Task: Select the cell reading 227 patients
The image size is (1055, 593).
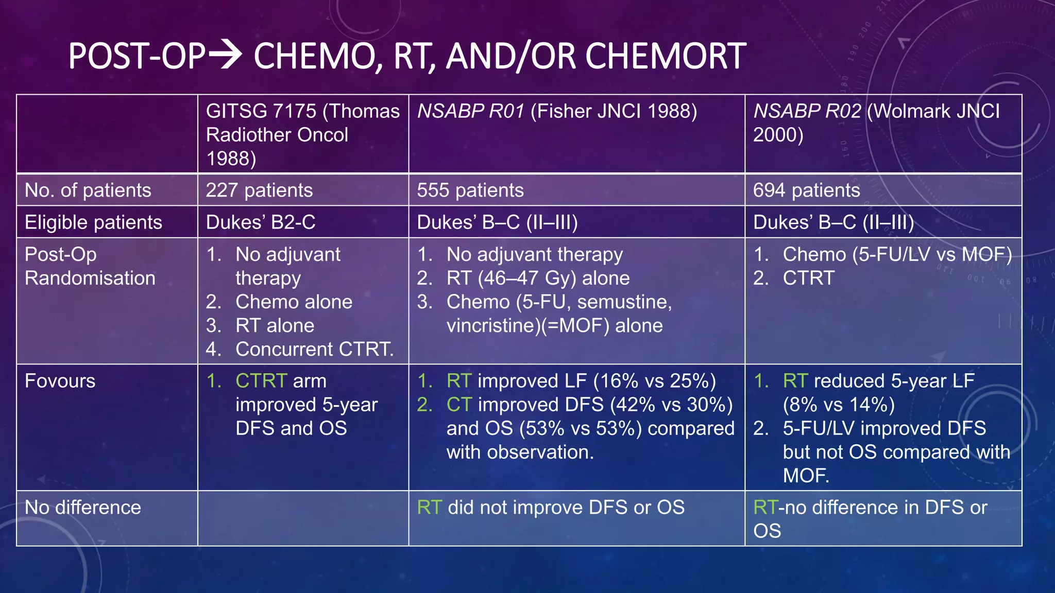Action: coord(259,190)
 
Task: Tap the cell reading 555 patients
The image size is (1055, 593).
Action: coord(470,190)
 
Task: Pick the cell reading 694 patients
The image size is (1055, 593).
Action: coord(806,190)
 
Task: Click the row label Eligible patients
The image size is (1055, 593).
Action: coord(93,222)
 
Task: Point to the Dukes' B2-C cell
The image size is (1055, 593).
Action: coord(261,222)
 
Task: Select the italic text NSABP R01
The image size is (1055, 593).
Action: coord(470,111)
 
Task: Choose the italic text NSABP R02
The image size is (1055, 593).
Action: coord(807,111)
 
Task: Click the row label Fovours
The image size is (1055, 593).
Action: coord(60,381)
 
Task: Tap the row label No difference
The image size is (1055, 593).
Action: coord(82,508)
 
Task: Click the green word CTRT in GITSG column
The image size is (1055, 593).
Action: coord(261,381)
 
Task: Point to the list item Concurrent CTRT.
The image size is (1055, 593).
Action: coord(314,349)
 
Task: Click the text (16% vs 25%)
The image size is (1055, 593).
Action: coord(654,381)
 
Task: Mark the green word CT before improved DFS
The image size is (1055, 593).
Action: coord(459,405)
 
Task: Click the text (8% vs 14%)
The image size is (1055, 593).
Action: coord(839,405)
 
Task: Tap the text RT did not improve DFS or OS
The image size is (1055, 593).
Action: coord(551,508)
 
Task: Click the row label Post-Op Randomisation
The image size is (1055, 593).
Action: coord(90,266)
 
